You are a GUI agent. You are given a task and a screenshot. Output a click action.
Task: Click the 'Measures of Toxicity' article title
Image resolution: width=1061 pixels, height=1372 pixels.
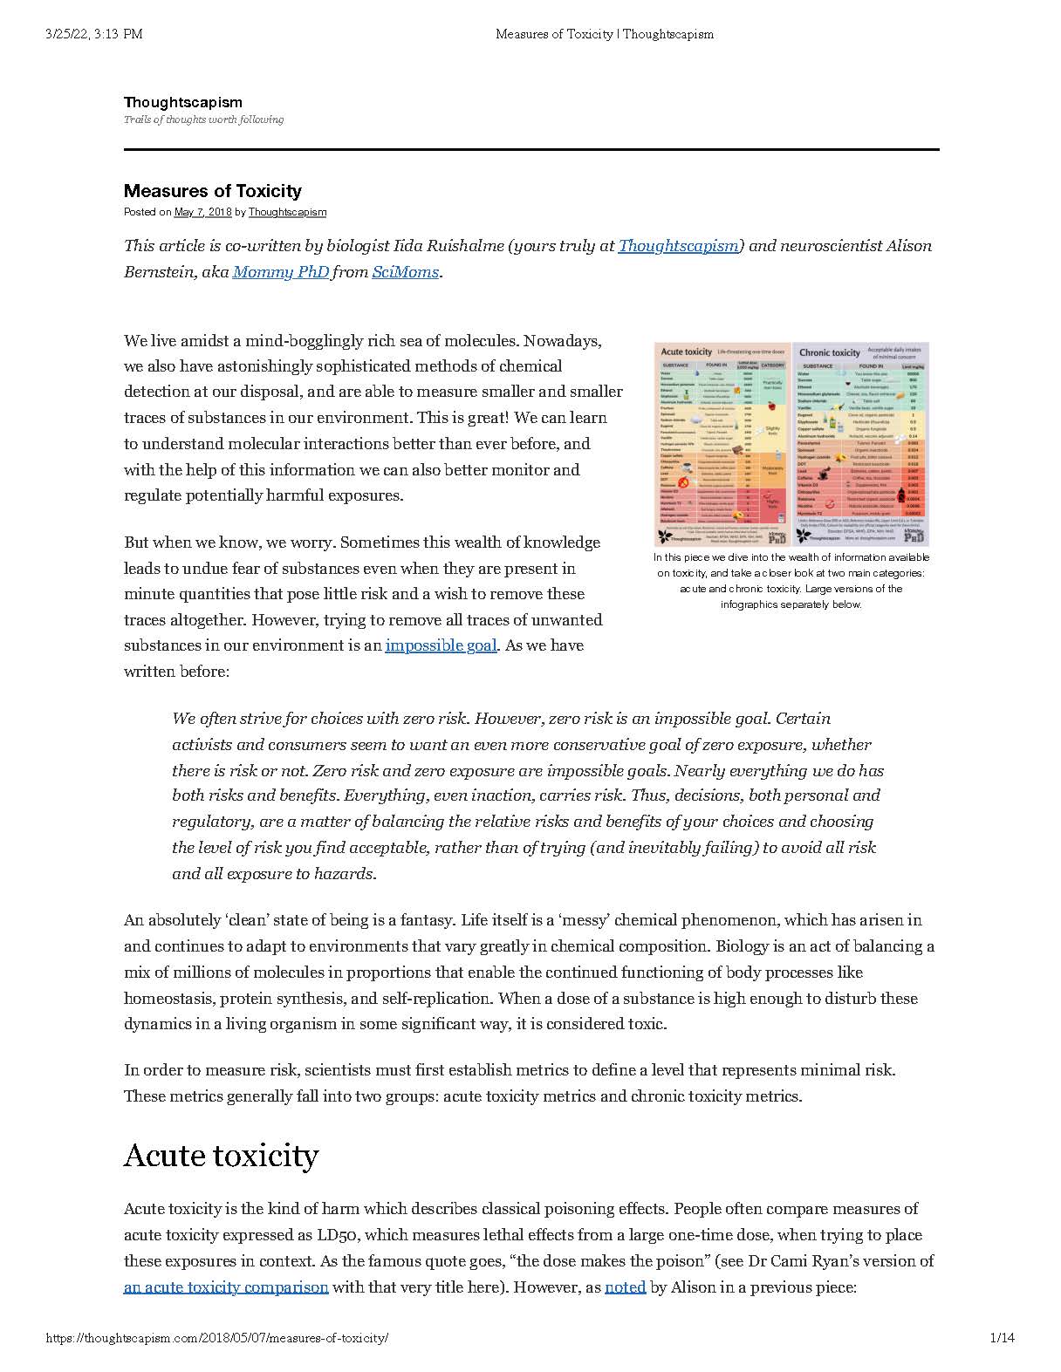(212, 191)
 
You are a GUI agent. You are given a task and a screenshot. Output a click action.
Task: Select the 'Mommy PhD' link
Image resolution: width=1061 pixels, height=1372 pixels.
(280, 272)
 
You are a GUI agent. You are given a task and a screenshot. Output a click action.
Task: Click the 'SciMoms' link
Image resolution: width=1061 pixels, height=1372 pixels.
(405, 272)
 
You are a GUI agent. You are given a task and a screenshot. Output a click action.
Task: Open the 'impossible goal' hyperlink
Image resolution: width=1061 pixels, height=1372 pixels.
(441, 645)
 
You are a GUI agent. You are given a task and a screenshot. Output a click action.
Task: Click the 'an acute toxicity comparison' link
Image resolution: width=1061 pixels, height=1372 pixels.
(226, 1287)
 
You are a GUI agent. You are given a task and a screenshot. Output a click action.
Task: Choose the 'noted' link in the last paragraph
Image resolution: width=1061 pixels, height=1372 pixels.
(625, 1287)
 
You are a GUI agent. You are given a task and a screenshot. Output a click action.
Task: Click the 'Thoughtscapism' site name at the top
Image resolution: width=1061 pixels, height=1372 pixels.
(182, 102)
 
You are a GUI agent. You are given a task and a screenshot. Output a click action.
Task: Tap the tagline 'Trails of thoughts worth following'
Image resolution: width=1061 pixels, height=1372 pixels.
(203, 119)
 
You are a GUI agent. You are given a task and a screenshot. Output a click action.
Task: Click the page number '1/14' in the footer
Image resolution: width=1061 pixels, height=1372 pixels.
(1002, 1338)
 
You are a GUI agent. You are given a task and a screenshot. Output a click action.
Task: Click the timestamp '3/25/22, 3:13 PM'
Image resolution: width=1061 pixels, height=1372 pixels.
(92, 35)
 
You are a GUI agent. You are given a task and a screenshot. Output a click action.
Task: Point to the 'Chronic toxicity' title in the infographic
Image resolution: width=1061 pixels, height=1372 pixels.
(829, 353)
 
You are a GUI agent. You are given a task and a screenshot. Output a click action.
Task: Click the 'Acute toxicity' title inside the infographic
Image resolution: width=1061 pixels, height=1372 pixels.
(687, 352)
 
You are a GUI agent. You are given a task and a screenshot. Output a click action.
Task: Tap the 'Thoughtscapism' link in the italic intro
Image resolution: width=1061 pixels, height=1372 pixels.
(678, 246)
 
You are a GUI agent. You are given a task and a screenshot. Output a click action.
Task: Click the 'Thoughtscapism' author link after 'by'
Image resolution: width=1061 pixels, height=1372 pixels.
(287, 212)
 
